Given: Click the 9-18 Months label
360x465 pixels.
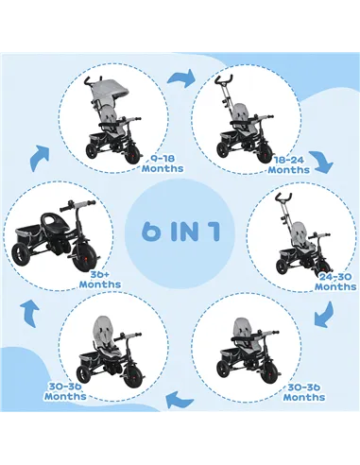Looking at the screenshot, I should click(162, 164).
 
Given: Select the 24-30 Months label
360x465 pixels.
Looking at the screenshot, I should click(335, 280).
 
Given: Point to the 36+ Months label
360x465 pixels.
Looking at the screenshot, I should click(99, 278).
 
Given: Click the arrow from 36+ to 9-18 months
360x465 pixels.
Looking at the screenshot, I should click(39, 156).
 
